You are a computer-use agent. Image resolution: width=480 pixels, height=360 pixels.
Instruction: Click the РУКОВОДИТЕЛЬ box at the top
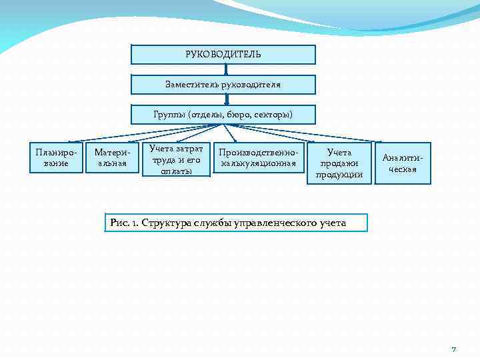[223, 54]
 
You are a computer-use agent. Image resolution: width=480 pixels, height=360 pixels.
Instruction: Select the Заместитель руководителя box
[223, 85]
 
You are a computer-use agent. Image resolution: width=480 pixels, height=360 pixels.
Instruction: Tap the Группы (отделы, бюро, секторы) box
[223, 115]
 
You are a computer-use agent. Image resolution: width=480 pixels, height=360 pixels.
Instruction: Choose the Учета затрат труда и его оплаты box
[176, 159]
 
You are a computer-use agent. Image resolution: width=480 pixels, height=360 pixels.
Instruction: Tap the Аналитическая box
[403, 163]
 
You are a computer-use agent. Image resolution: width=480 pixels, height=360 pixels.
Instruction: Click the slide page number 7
[453, 349]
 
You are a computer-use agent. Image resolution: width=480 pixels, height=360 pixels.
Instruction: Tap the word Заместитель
[190, 85]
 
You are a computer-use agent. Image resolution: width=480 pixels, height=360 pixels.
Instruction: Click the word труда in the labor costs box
[163, 159]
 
